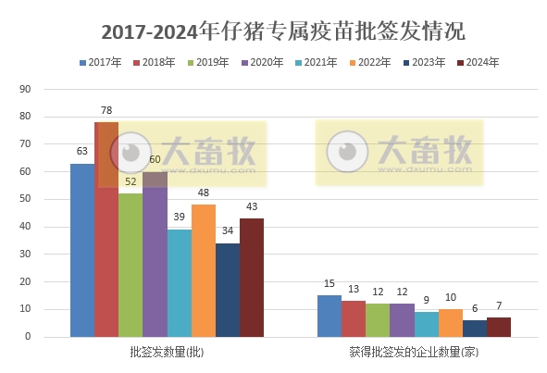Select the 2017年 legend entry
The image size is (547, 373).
click(x=101, y=62)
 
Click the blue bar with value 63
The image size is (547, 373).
click(x=82, y=250)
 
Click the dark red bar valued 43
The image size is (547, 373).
click(x=251, y=278)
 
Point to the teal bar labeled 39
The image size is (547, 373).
click(x=179, y=283)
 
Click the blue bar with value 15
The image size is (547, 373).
click(x=329, y=316)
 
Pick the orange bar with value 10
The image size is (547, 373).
click(x=450, y=323)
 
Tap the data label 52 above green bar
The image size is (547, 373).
click(x=130, y=181)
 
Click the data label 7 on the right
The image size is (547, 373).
click(x=498, y=305)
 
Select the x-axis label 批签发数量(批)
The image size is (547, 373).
click(x=167, y=353)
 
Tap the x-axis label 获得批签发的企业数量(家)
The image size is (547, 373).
click(x=413, y=353)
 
